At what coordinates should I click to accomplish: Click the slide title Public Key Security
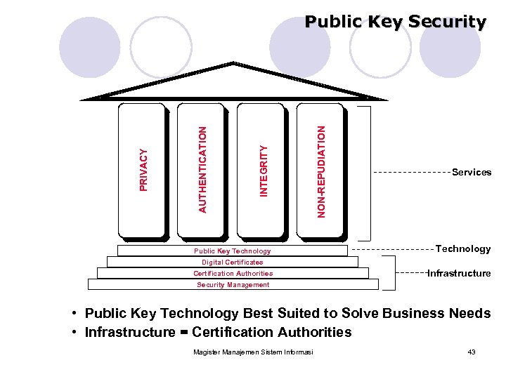point(395,22)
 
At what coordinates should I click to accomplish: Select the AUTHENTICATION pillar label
point(202,169)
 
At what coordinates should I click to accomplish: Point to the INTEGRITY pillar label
point(264,171)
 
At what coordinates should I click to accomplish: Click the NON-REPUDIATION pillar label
point(321,171)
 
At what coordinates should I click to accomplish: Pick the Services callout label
point(472,172)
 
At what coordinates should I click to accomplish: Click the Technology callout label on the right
point(463,248)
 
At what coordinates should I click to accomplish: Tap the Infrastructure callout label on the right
point(459,273)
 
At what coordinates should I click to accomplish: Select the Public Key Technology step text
point(232,251)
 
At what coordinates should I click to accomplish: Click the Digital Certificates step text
point(232,262)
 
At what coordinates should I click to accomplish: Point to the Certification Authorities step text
point(233,273)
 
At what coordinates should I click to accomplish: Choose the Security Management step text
point(233,284)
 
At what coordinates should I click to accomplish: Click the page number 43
point(472,352)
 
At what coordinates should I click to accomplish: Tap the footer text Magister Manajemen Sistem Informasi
point(253,352)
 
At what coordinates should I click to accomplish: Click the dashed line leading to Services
point(410,172)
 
